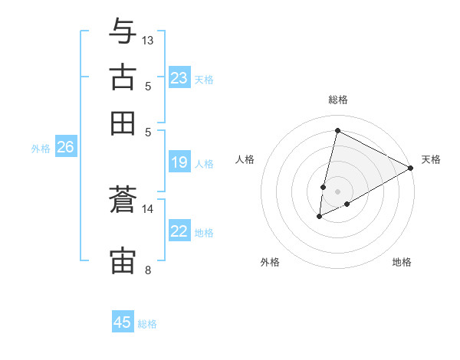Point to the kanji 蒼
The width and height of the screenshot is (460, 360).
(x=123, y=200)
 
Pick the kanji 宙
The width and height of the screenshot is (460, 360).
(x=123, y=261)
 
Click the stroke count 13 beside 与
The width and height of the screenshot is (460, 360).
(x=148, y=40)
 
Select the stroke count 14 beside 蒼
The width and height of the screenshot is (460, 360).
(x=148, y=208)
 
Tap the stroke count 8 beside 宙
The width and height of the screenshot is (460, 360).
(x=147, y=270)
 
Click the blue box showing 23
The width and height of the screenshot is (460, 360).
(x=179, y=78)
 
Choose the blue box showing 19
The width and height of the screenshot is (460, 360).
(x=179, y=162)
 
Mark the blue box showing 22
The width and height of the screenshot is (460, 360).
(x=179, y=231)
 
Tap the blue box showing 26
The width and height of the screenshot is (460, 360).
(x=66, y=148)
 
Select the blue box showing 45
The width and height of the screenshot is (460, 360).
(x=123, y=322)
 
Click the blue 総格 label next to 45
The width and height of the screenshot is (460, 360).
(x=147, y=324)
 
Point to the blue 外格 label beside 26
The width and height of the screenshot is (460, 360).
(x=41, y=149)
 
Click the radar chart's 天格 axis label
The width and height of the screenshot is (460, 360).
(x=431, y=159)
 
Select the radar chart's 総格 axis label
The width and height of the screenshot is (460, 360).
(x=337, y=100)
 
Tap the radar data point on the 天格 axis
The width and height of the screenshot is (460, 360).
(x=411, y=169)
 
